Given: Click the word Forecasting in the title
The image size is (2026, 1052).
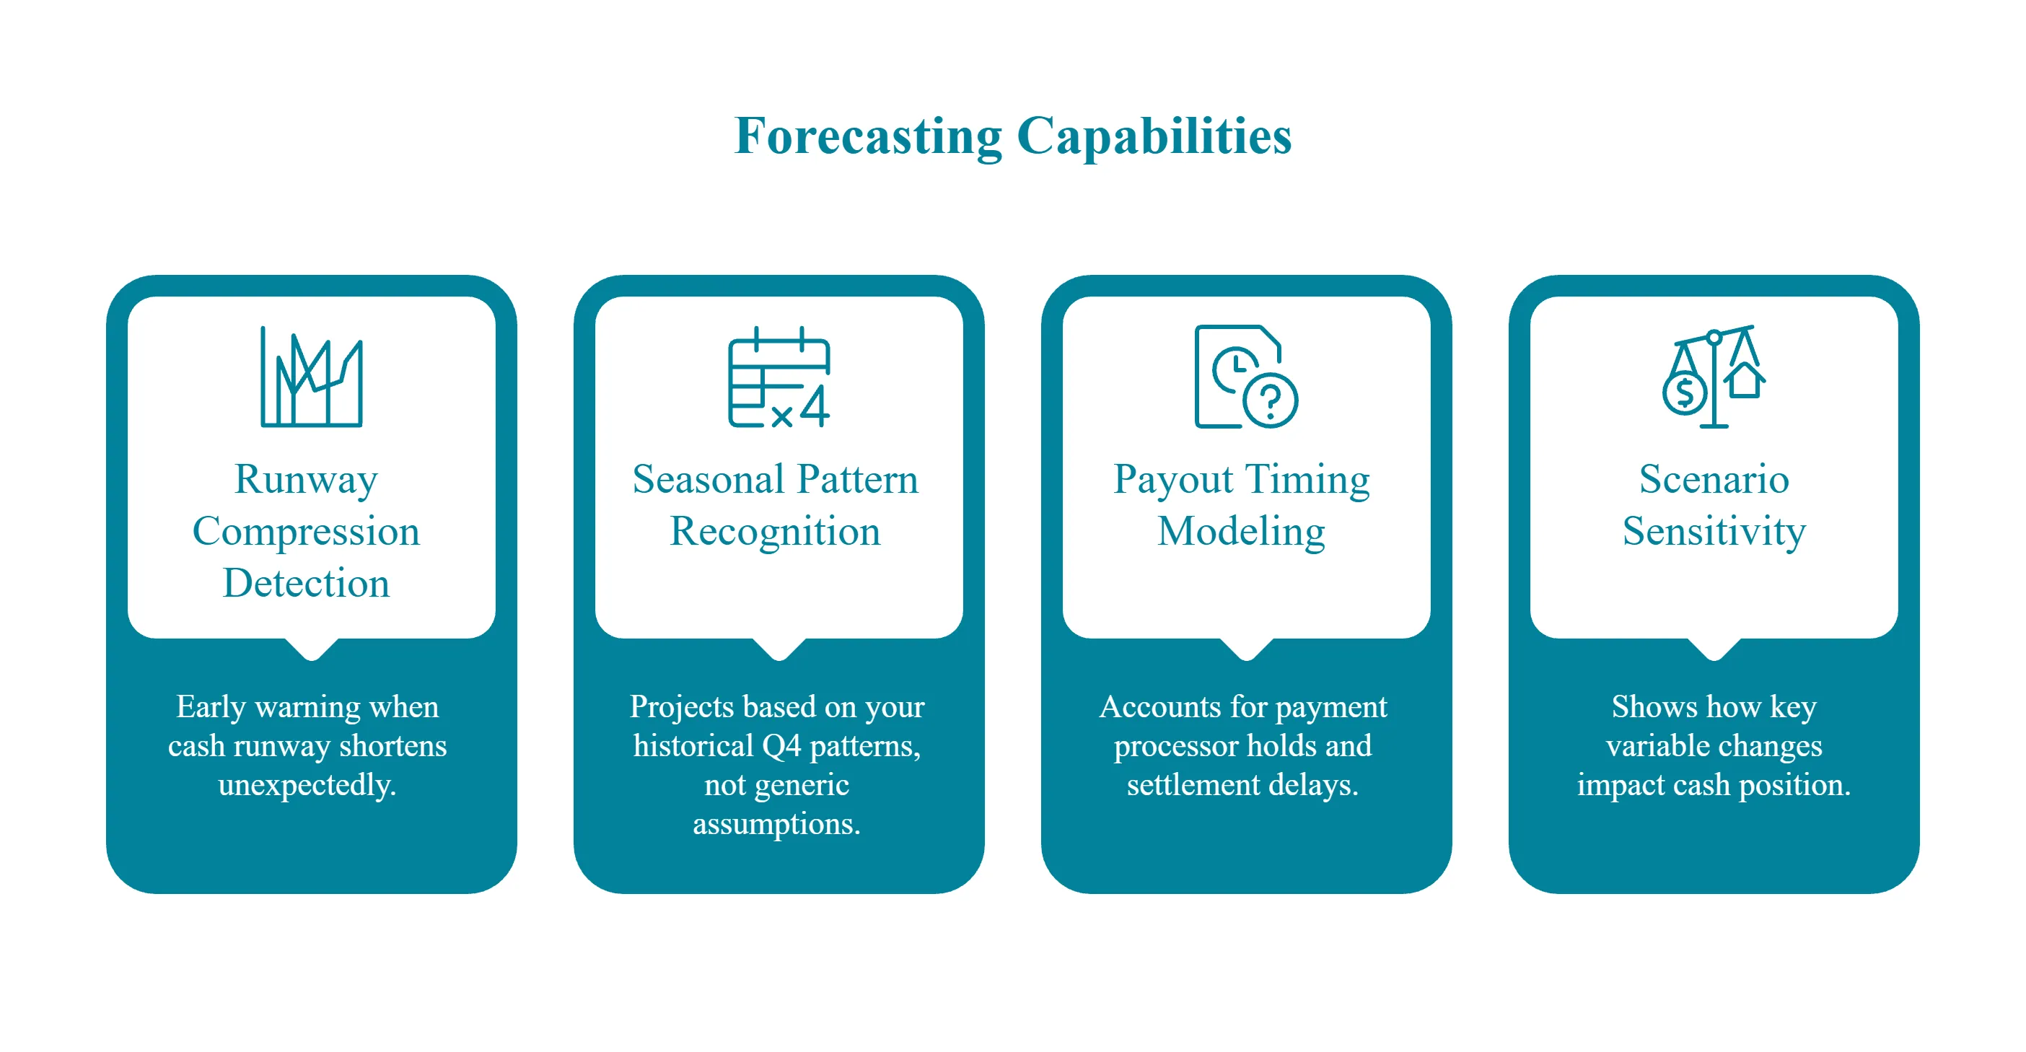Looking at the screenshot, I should tap(867, 136).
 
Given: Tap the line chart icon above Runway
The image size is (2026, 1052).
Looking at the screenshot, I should tap(312, 377).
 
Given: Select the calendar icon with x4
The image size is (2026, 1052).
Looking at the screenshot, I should tap(779, 378).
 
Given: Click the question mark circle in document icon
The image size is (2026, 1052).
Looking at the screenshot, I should tap(1270, 400).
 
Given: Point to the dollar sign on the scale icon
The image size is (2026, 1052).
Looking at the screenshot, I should tap(1685, 393).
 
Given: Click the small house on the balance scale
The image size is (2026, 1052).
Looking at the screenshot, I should tap(1745, 380).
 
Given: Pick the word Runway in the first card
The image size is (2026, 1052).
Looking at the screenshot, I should tap(306, 479).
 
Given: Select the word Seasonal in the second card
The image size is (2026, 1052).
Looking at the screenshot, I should tap(708, 479).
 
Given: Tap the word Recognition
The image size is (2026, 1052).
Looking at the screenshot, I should tap(775, 531).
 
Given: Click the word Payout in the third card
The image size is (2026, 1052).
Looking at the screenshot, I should tap(1172, 479).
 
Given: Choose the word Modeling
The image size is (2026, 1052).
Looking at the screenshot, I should tap(1241, 531).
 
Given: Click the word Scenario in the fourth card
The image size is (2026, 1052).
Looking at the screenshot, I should tap(1714, 479).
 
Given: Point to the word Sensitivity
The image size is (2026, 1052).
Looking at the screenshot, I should tap(1714, 531).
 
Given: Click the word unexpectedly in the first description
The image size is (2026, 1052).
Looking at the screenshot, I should tap(307, 785).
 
